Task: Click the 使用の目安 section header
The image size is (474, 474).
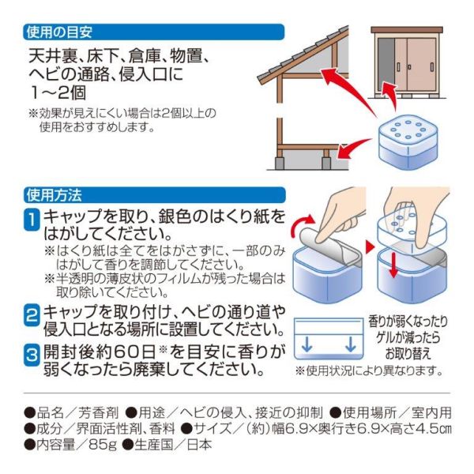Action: coord(60,32)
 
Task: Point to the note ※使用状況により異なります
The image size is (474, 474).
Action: coord(367,370)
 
